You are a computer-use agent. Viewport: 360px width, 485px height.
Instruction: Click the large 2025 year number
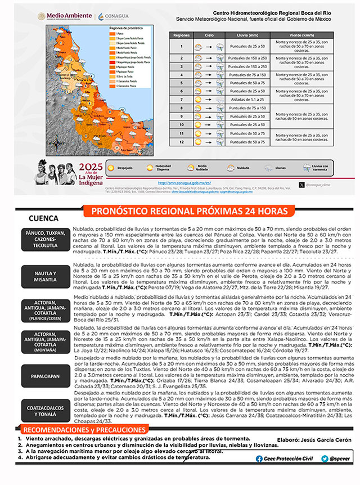pyautogui.click(x=91, y=167)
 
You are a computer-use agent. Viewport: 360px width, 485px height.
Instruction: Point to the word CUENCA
pyautogui.click(x=44, y=219)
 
